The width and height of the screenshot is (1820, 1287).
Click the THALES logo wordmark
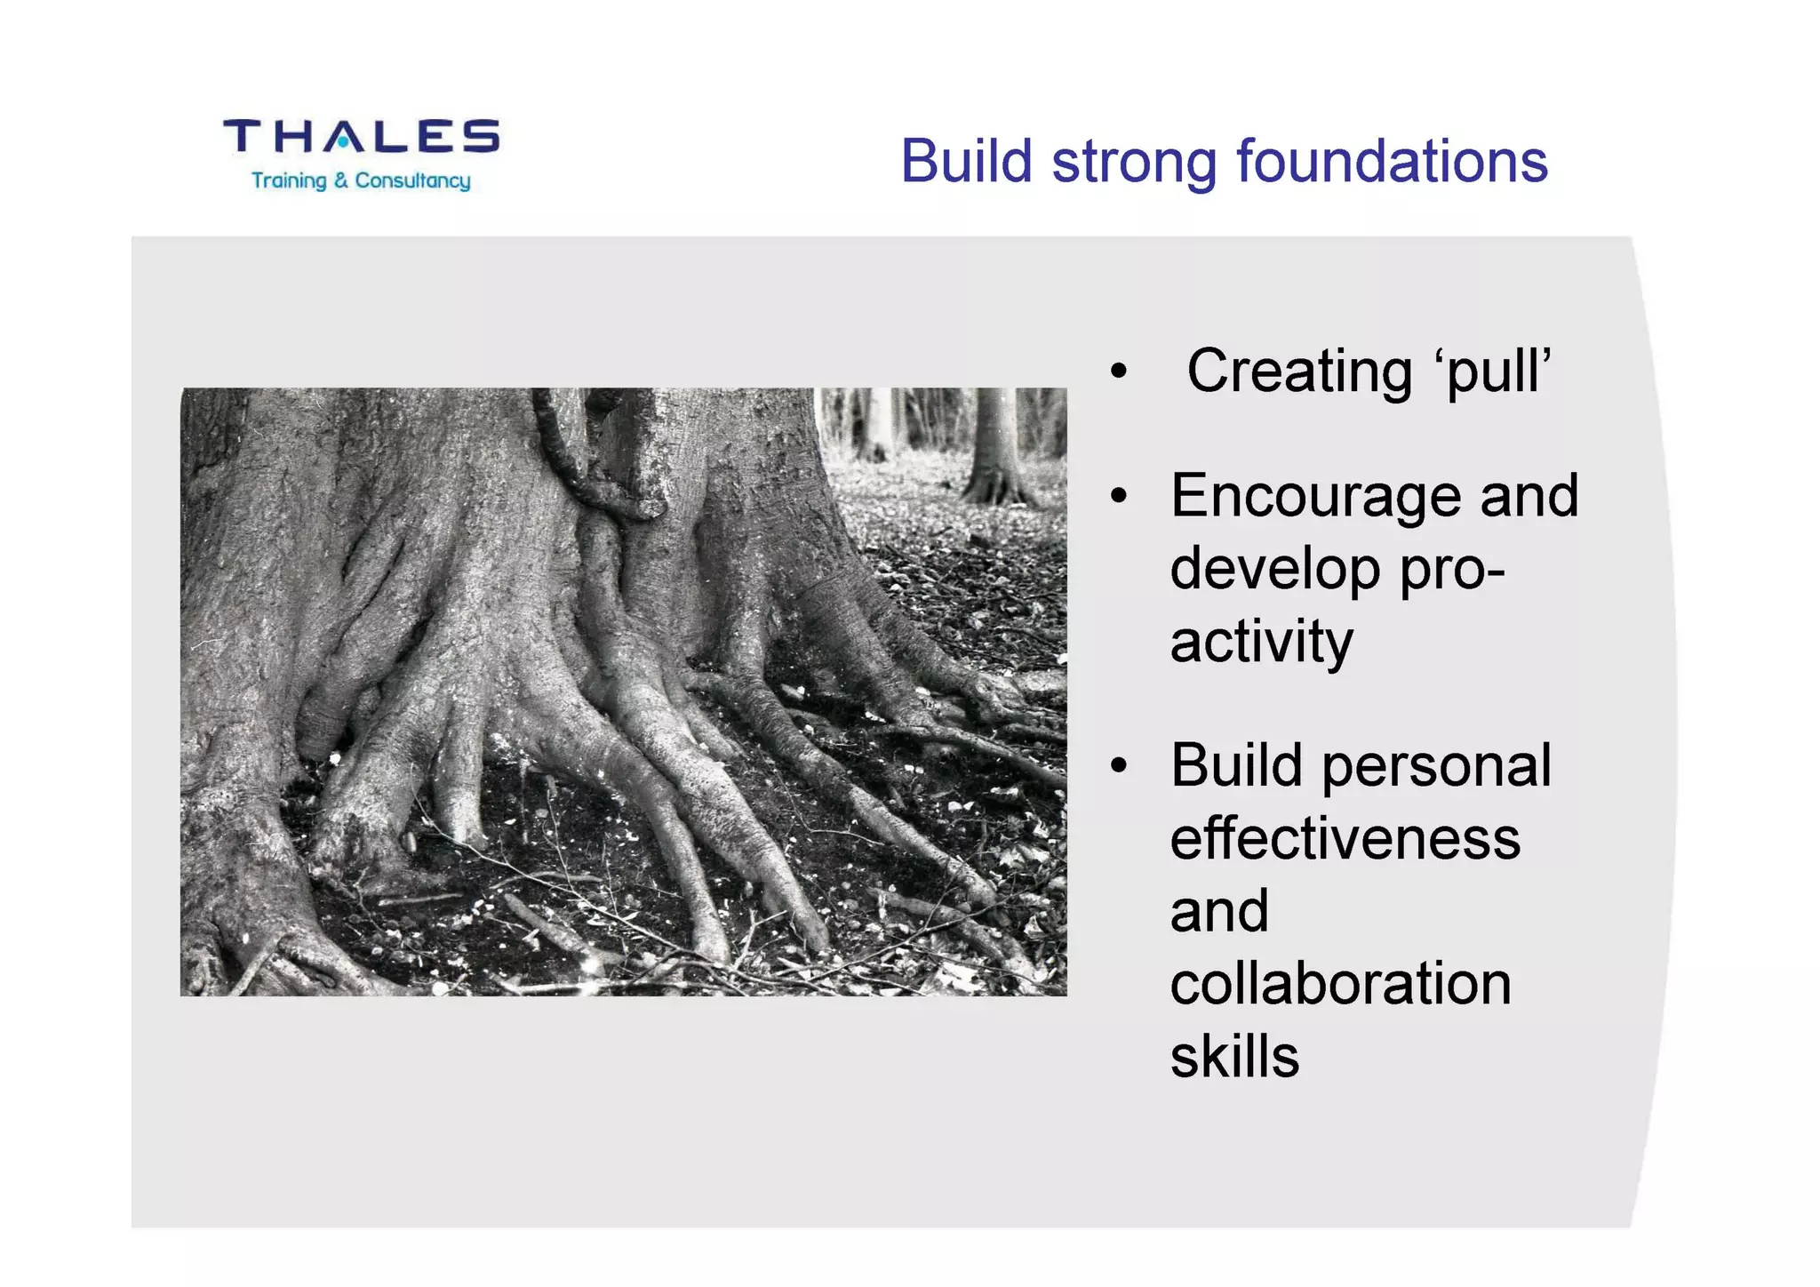point(361,136)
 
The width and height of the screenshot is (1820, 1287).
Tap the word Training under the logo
point(289,180)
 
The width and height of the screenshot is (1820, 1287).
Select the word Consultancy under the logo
point(412,180)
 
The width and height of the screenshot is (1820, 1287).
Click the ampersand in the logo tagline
point(341,180)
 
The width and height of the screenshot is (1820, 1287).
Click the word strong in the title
point(1134,163)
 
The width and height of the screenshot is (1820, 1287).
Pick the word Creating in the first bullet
point(1299,371)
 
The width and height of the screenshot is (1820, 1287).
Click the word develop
point(1274,570)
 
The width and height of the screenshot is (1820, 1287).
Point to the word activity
point(1261,642)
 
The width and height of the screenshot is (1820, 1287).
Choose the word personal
point(1436,766)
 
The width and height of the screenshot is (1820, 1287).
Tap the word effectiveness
point(1345,838)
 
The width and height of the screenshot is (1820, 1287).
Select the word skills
point(1234,1056)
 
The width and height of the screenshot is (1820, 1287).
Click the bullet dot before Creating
point(1119,372)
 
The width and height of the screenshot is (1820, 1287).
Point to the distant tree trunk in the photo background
point(994,444)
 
